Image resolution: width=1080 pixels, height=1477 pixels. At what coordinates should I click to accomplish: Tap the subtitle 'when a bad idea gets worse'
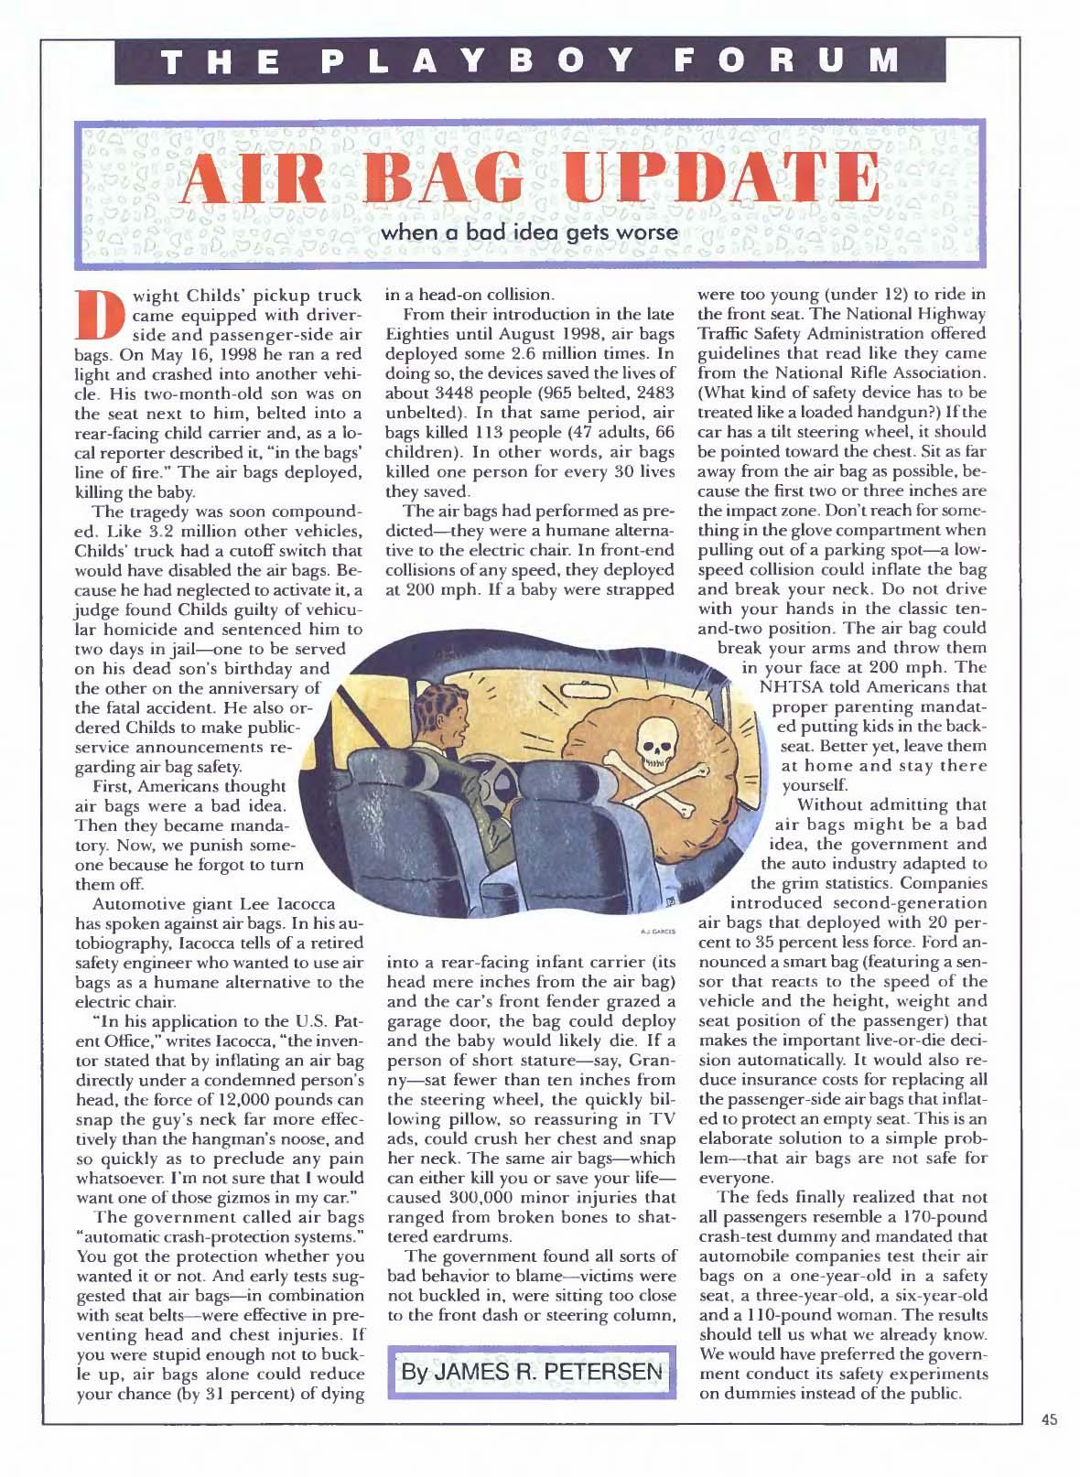point(530,232)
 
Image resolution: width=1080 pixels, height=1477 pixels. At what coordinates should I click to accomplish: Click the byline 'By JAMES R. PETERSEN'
point(532,1372)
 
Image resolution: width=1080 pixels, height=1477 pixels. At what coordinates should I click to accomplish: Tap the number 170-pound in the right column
point(924,1217)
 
